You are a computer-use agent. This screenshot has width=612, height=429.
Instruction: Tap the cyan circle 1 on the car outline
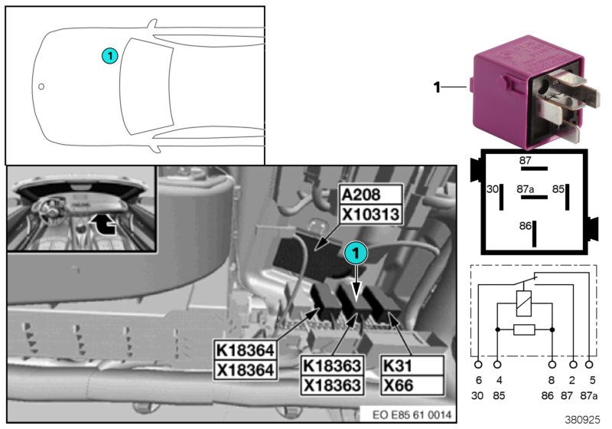point(110,55)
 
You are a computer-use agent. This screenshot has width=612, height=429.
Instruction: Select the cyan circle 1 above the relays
point(354,251)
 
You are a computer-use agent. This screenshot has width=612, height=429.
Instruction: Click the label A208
point(370,195)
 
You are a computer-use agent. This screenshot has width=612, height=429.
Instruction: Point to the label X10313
point(370,214)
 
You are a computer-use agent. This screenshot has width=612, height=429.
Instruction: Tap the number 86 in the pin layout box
point(524,227)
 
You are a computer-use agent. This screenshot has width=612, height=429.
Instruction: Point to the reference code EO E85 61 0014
point(412,414)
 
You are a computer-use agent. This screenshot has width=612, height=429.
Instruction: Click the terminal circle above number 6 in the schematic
point(479,365)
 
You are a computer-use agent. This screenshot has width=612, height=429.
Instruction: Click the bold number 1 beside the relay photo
point(437,87)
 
